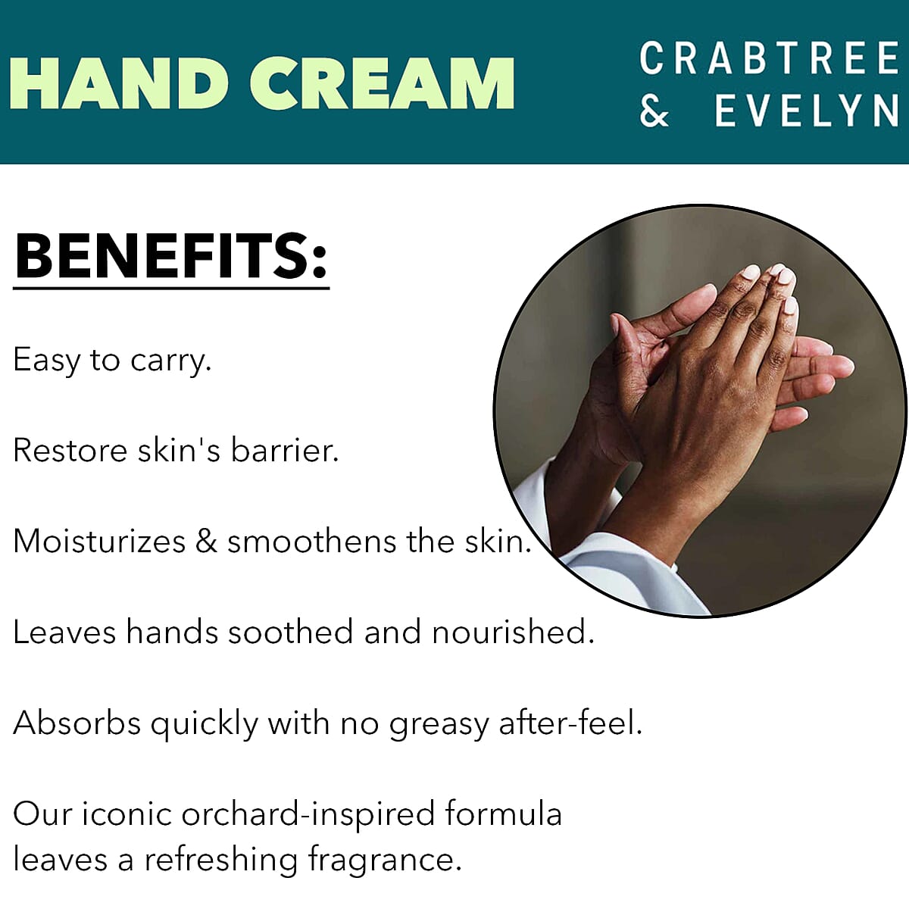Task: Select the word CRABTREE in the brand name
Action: point(769,60)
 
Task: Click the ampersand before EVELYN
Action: point(654,111)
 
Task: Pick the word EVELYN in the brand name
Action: point(806,111)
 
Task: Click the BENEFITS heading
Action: point(171,255)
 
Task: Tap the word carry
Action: point(170,361)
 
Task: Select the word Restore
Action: point(70,451)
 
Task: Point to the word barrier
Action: point(284,451)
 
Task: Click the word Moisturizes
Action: point(99,542)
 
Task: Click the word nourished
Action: point(513,633)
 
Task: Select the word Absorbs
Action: point(77,723)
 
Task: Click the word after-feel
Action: point(570,723)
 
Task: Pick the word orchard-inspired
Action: point(308,815)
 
